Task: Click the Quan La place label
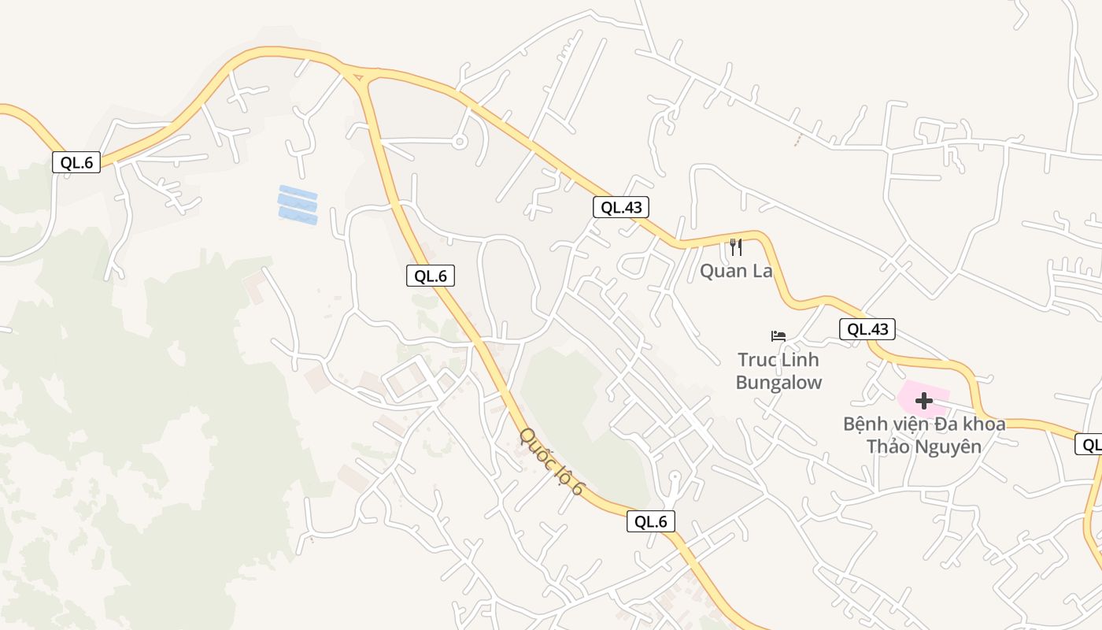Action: coord(736,272)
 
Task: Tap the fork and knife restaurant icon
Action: coord(736,247)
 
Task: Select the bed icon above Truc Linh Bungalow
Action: coord(778,336)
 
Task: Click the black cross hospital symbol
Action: coord(923,401)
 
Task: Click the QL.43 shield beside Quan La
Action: coord(621,208)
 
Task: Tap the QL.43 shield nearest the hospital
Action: coord(867,329)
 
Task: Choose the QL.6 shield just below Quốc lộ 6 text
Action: coord(651,521)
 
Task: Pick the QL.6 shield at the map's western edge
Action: coord(76,163)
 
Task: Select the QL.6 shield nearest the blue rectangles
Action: coord(431,276)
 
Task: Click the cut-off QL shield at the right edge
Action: coord(1089,445)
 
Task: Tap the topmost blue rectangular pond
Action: coord(298,192)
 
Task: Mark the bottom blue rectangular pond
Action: coord(298,215)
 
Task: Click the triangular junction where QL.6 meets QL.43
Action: coord(359,76)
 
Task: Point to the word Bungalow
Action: coord(778,384)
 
